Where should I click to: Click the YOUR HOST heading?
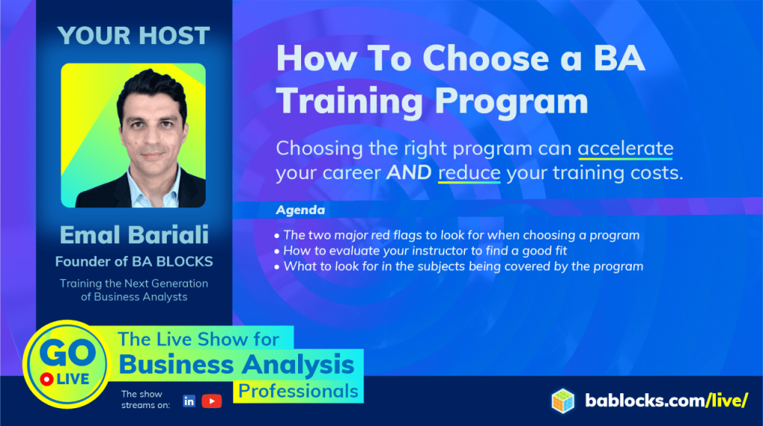click(x=134, y=35)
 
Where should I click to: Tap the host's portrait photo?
click(x=133, y=135)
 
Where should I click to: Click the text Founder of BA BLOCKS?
click(x=134, y=261)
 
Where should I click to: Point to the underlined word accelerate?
click(x=625, y=148)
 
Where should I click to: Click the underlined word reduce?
click(x=469, y=173)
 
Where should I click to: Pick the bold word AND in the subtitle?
click(x=409, y=173)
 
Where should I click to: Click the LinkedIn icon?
click(x=189, y=401)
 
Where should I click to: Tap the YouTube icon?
click(x=212, y=401)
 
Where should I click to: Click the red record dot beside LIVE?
click(x=46, y=379)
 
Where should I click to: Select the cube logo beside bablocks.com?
click(x=563, y=401)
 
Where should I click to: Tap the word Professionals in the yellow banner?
click(x=298, y=391)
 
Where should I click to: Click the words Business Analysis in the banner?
click(x=237, y=365)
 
